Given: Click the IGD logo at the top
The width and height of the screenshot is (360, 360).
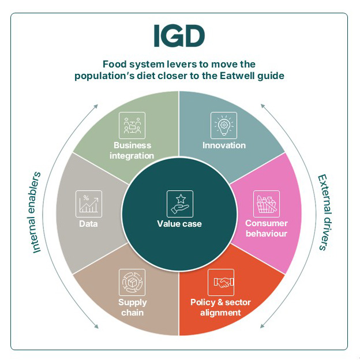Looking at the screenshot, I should [179, 36].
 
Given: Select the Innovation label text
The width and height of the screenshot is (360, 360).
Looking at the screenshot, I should [224, 145].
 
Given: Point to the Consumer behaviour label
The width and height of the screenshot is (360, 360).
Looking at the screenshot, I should [266, 228].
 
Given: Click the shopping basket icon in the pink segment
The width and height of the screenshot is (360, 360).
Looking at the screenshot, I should [267, 204].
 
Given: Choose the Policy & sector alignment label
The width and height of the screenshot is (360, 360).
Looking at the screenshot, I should [220, 307].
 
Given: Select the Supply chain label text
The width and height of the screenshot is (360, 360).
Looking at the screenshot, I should [133, 307].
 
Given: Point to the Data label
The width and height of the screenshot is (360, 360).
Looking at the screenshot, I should [88, 223].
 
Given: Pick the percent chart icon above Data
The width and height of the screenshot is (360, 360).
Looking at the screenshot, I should [89, 204].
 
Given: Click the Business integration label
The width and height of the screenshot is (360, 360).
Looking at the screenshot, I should [133, 151].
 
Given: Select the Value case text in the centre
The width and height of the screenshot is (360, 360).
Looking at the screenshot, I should [179, 223].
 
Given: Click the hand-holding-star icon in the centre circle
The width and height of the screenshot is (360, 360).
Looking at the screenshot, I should [179, 203].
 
